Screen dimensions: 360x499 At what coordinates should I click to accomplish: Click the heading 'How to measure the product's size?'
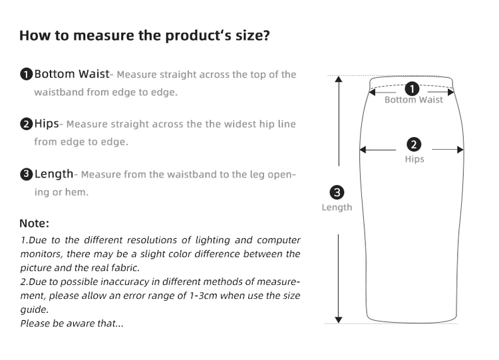click(x=144, y=35)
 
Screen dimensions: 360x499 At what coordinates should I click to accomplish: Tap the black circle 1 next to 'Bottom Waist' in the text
click(x=26, y=75)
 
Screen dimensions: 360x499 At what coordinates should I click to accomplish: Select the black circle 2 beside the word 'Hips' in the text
click(x=26, y=124)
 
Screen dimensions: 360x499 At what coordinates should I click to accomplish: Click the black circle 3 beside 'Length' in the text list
click(x=26, y=174)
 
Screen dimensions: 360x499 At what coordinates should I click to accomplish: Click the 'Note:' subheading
click(x=34, y=223)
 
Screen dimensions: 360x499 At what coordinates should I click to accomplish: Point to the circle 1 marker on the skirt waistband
click(x=413, y=88)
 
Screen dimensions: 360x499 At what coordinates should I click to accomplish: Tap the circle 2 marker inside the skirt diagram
click(x=413, y=144)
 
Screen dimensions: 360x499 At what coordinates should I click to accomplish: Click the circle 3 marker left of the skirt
click(x=337, y=193)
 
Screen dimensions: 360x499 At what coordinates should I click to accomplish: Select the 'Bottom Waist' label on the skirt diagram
click(x=413, y=100)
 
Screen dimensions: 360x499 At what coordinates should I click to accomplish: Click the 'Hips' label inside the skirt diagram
click(x=414, y=159)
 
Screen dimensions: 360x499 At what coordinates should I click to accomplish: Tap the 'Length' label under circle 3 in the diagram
click(x=337, y=208)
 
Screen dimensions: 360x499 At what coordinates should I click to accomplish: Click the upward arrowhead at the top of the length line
click(x=339, y=79)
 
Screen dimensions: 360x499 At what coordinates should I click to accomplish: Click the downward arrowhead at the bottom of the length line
click(x=339, y=319)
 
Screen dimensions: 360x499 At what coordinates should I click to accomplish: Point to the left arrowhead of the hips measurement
click(x=363, y=150)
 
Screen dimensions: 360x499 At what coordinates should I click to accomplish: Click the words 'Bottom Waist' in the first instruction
click(x=71, y=74)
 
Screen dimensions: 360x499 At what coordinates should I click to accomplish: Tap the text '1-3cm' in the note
click(x=210, y=295)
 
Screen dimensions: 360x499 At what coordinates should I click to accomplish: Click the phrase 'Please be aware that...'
click(x=72, y=323)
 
